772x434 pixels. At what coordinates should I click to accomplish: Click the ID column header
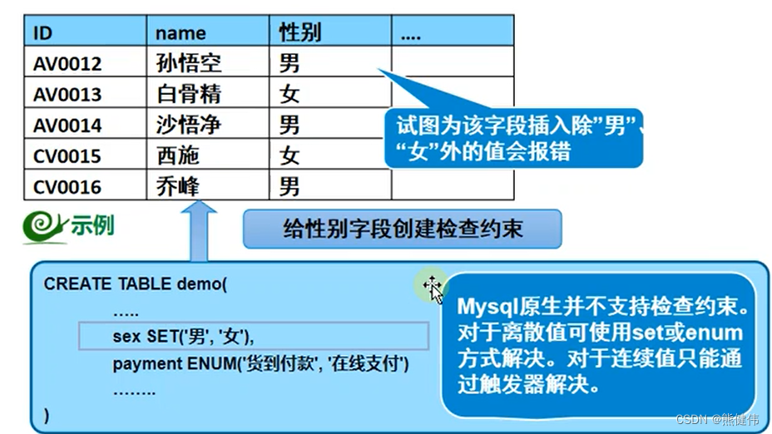click(42, 33)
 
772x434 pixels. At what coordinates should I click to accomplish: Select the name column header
click(181, 33)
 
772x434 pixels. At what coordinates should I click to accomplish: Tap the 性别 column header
click(299, 33)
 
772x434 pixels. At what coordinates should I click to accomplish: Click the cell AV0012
click(67, 63)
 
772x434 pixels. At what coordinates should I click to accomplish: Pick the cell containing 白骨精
click(189, 94)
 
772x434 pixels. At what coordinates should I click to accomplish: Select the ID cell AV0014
click(67, 126)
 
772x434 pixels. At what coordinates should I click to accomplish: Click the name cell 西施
click(178, 156)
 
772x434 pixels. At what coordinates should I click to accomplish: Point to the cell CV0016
click(67, 187)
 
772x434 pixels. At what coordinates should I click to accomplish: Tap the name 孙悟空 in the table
click(189, 63)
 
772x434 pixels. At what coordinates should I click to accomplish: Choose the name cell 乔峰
click(178, 187)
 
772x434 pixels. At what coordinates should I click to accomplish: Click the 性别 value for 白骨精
click(289, 94)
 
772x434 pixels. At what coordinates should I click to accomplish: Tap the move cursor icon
click(433, 287)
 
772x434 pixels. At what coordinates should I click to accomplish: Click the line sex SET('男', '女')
click(183, 337)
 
